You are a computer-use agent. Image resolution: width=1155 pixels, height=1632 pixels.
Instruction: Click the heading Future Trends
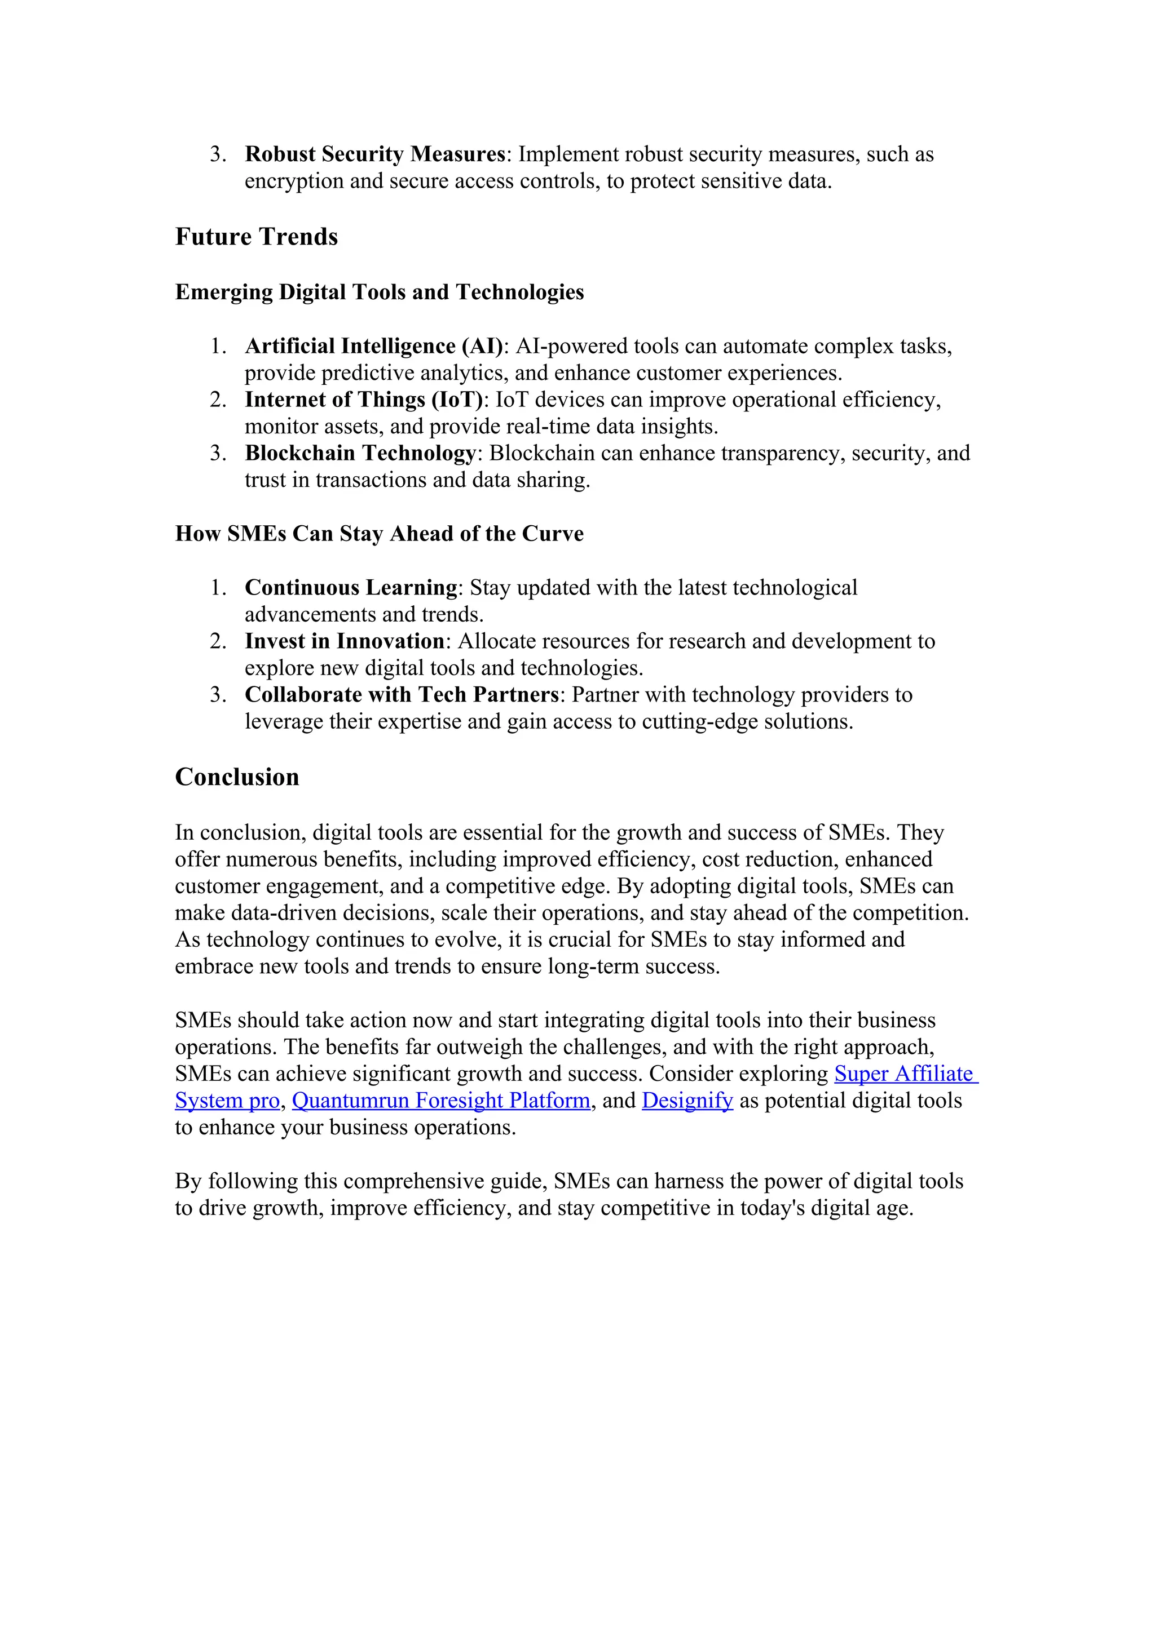point(256,237)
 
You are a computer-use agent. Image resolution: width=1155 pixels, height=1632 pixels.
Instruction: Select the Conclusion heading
point(237,777)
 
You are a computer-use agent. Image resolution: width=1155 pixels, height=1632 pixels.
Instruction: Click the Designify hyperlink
point(686,1101)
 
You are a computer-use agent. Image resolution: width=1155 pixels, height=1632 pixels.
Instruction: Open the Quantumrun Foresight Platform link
point(441,1101)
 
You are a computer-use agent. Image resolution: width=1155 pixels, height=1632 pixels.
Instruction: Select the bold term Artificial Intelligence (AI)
point(373,346)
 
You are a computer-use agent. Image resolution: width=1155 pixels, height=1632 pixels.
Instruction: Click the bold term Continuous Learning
point(351,588)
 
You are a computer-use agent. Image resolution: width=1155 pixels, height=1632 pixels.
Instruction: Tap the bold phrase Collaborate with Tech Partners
point(402,694)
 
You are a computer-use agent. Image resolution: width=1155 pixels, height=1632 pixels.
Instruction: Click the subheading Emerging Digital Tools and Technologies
point(379,292)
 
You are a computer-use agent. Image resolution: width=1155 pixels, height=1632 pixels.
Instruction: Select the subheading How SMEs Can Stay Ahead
point(379,534)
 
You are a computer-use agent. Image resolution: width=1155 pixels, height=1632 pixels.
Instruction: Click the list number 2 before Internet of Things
point(218,400)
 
